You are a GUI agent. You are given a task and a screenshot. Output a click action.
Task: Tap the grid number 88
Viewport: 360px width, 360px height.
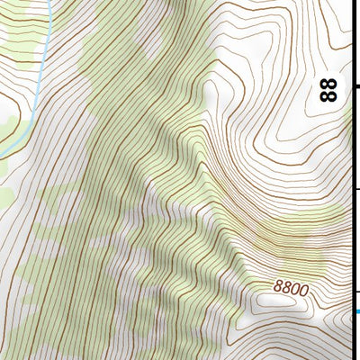click(329, 89)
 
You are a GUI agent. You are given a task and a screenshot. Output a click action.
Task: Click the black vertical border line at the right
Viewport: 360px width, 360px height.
click(352, 144)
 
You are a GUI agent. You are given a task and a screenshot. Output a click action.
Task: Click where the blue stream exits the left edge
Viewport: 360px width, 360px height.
click(2, 157)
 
